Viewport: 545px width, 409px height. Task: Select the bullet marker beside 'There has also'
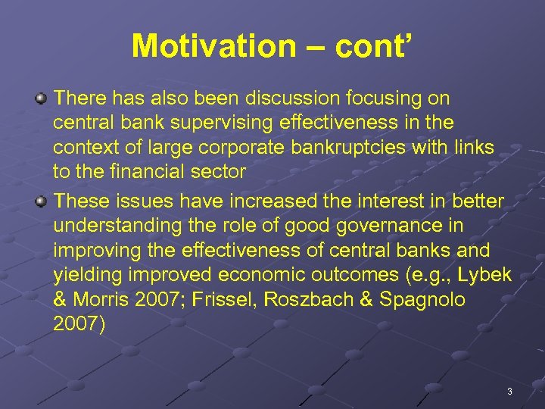tap(42, 98)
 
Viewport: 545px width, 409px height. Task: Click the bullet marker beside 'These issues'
tap(42, 200)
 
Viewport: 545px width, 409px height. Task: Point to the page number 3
tap(509, 392)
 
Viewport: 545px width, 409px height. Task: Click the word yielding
tap(84, 274)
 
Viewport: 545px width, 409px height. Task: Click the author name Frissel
tap(223, 299)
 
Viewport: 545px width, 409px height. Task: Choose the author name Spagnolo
tap(417, 299)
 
